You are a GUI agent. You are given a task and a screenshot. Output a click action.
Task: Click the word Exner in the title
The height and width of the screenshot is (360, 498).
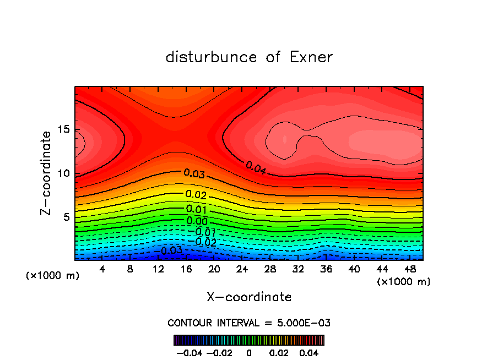(311, 57)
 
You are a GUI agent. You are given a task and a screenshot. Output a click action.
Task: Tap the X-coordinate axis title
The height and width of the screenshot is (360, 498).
(249, 297)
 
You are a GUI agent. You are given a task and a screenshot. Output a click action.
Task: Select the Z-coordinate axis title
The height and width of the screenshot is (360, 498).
(46, 173)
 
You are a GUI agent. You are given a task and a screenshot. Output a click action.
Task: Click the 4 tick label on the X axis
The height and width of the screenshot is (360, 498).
(102, 269)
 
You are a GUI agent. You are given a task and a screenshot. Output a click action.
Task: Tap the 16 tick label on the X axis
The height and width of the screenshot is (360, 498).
(186, 269)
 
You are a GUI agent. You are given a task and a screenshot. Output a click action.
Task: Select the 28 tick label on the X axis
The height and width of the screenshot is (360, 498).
(270, 269)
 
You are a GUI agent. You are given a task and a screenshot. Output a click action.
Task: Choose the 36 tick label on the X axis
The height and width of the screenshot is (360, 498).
(326, 269)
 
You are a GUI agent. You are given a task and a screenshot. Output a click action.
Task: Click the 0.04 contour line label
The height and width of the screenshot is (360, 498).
(256, 168)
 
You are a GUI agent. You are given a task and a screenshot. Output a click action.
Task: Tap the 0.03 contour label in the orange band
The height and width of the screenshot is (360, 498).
(194, 174)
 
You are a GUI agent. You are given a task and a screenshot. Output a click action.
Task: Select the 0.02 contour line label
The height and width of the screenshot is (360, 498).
(196, 194)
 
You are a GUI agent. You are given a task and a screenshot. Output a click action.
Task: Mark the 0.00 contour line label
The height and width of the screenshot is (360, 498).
(197, 221)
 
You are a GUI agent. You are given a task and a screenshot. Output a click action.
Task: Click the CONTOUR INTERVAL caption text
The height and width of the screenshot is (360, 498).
(249, 323)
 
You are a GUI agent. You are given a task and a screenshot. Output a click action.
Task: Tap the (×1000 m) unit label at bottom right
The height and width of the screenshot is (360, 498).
(404, 282)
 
